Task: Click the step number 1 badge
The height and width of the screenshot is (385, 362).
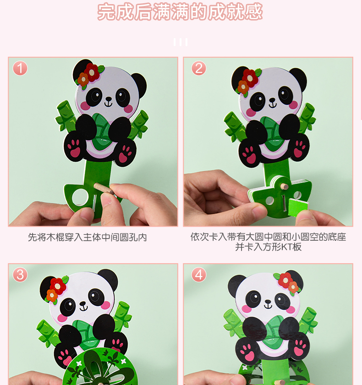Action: click(x=20, y=68)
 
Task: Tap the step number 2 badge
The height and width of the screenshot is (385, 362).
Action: click(x=199, y=68)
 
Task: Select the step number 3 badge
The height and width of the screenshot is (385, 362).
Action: click(x=20, y=275)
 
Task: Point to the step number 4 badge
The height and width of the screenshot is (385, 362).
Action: click(x=199, y=275)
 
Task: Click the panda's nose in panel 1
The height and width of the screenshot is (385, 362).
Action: click(x=108, y=99)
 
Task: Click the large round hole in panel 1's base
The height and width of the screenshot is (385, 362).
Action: click(x=80, y=197)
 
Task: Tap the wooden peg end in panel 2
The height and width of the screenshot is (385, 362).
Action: click(x=285, y=186)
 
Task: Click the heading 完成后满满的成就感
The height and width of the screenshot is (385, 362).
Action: click(x=180, y=11)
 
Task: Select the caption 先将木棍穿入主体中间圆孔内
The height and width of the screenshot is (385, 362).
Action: click(x=87, y=238)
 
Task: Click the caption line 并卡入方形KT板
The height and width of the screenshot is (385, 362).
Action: click(x=268, y=247)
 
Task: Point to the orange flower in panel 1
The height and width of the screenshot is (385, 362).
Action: click(x=83, y=79)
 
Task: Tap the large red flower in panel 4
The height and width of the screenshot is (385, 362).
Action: click(x=285, y=280)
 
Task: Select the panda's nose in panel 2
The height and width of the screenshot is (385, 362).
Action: click(x=272, y=100)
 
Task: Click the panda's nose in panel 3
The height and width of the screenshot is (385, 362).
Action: click(x=83, y=304)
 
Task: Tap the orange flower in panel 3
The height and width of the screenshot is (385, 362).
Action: click(x=52, y=296)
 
